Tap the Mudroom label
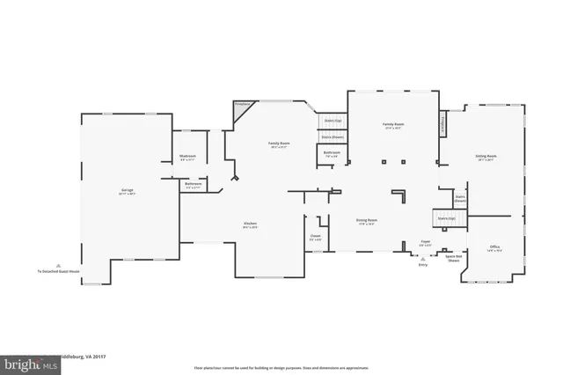(187, 158)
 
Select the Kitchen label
(251, 224)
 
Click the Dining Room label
(367, 220)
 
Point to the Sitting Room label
(486, 158)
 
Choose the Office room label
(494, 247)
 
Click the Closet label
(315, 236)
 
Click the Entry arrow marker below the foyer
(424, 260)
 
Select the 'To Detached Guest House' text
(57, 270)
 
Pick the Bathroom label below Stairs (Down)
(332, 153)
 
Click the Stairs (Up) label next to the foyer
(443, 217)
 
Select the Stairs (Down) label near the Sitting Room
(460, 199)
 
